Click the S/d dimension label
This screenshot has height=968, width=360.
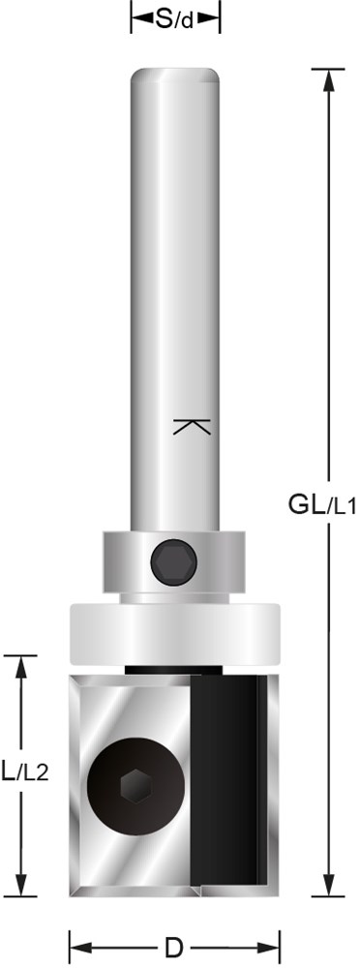click(x=174, y=20)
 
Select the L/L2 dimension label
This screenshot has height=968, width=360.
click(x=24, y=771)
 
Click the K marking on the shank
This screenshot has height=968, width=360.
click(x=193, y=427)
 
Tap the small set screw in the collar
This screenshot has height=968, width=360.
click(x=174, y=561)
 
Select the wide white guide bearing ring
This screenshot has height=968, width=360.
click(x=175, y=634)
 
